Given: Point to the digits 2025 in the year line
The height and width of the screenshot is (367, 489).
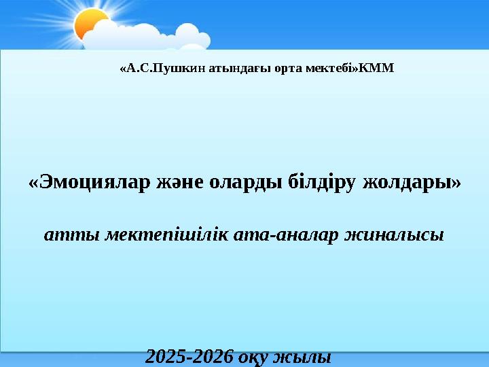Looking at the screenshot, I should (167, 356).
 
